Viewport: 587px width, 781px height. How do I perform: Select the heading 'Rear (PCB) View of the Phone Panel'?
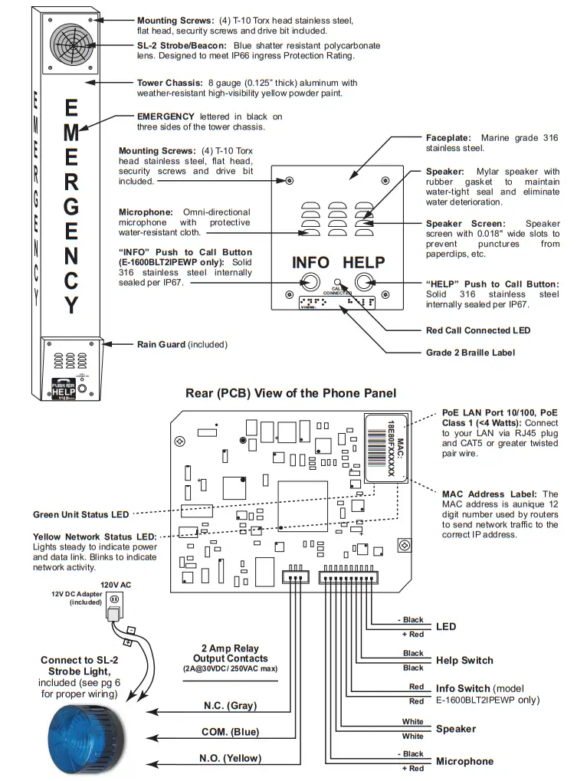[x=290, y=393]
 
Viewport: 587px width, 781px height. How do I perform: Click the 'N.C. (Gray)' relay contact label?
[x=230, y=705]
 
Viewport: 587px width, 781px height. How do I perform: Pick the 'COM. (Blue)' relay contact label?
[x=230, y=732]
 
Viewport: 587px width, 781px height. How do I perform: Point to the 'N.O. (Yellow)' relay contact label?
[x=230, y=758]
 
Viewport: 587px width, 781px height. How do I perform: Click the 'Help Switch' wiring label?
[x=464, y=660]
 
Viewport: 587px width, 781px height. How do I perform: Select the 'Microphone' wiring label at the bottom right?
[x=464, y=761]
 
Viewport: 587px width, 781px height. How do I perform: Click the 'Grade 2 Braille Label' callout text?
[x=471, y=353]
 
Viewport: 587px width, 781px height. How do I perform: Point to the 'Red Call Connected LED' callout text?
[x=478, y=330]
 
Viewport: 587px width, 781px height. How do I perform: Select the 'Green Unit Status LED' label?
[x=80, y=514]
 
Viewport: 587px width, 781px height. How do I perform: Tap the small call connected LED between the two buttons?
[x=337, y=283]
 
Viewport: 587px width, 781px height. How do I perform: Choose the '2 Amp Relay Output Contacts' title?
[x=230, y=653]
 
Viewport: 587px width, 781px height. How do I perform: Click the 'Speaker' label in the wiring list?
[x=455, y=729]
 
